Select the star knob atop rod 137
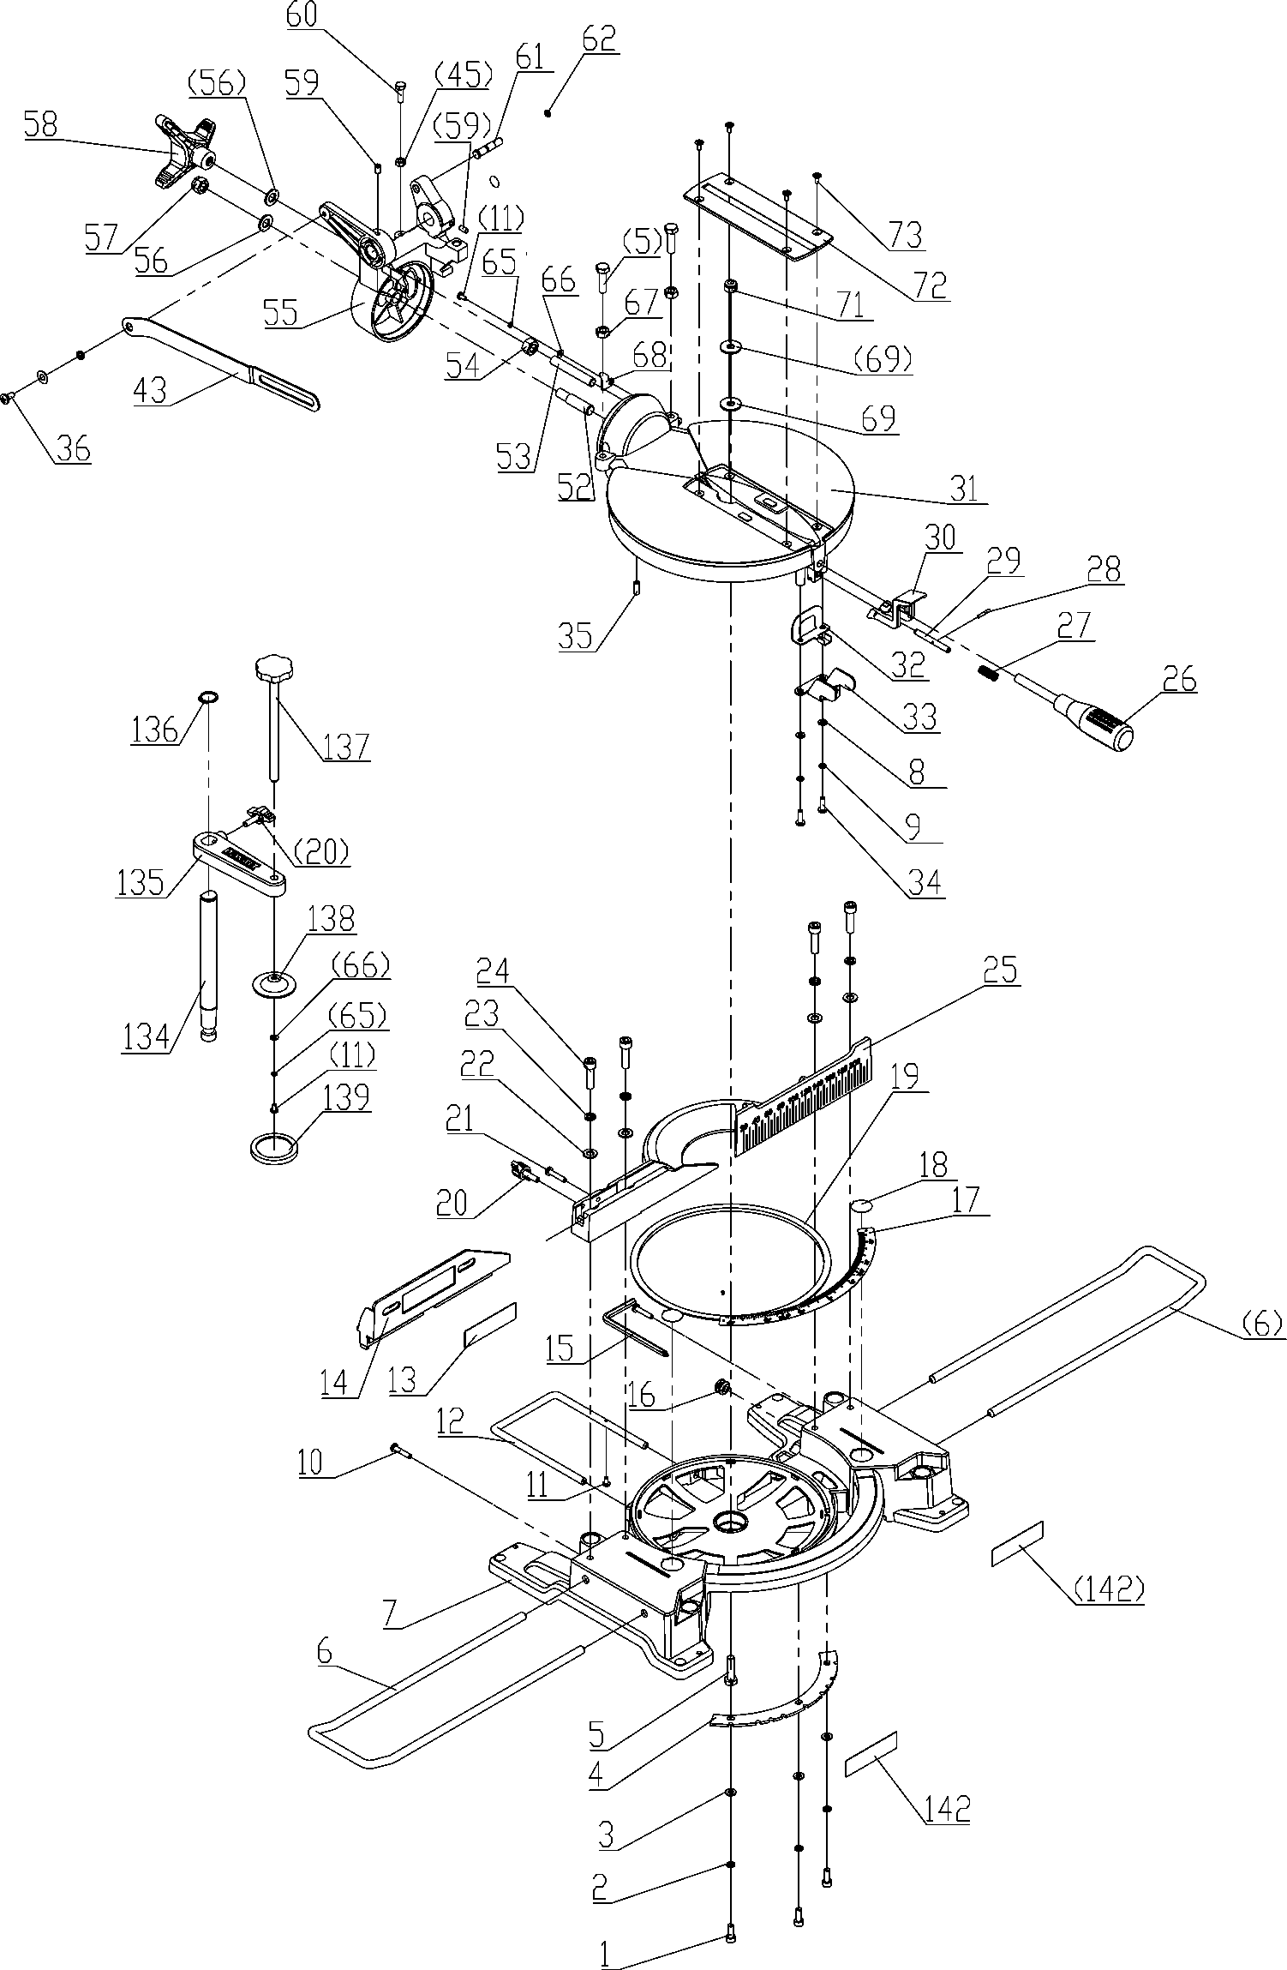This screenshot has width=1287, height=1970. pos(273,666)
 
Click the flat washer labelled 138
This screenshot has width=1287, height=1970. pos(275,981)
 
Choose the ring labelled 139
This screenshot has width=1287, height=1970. pos(274,1147)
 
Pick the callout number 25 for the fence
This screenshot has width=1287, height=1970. pos(1000,970)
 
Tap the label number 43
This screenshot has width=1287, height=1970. pos(150,391)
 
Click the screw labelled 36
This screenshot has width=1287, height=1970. pos(8,396)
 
